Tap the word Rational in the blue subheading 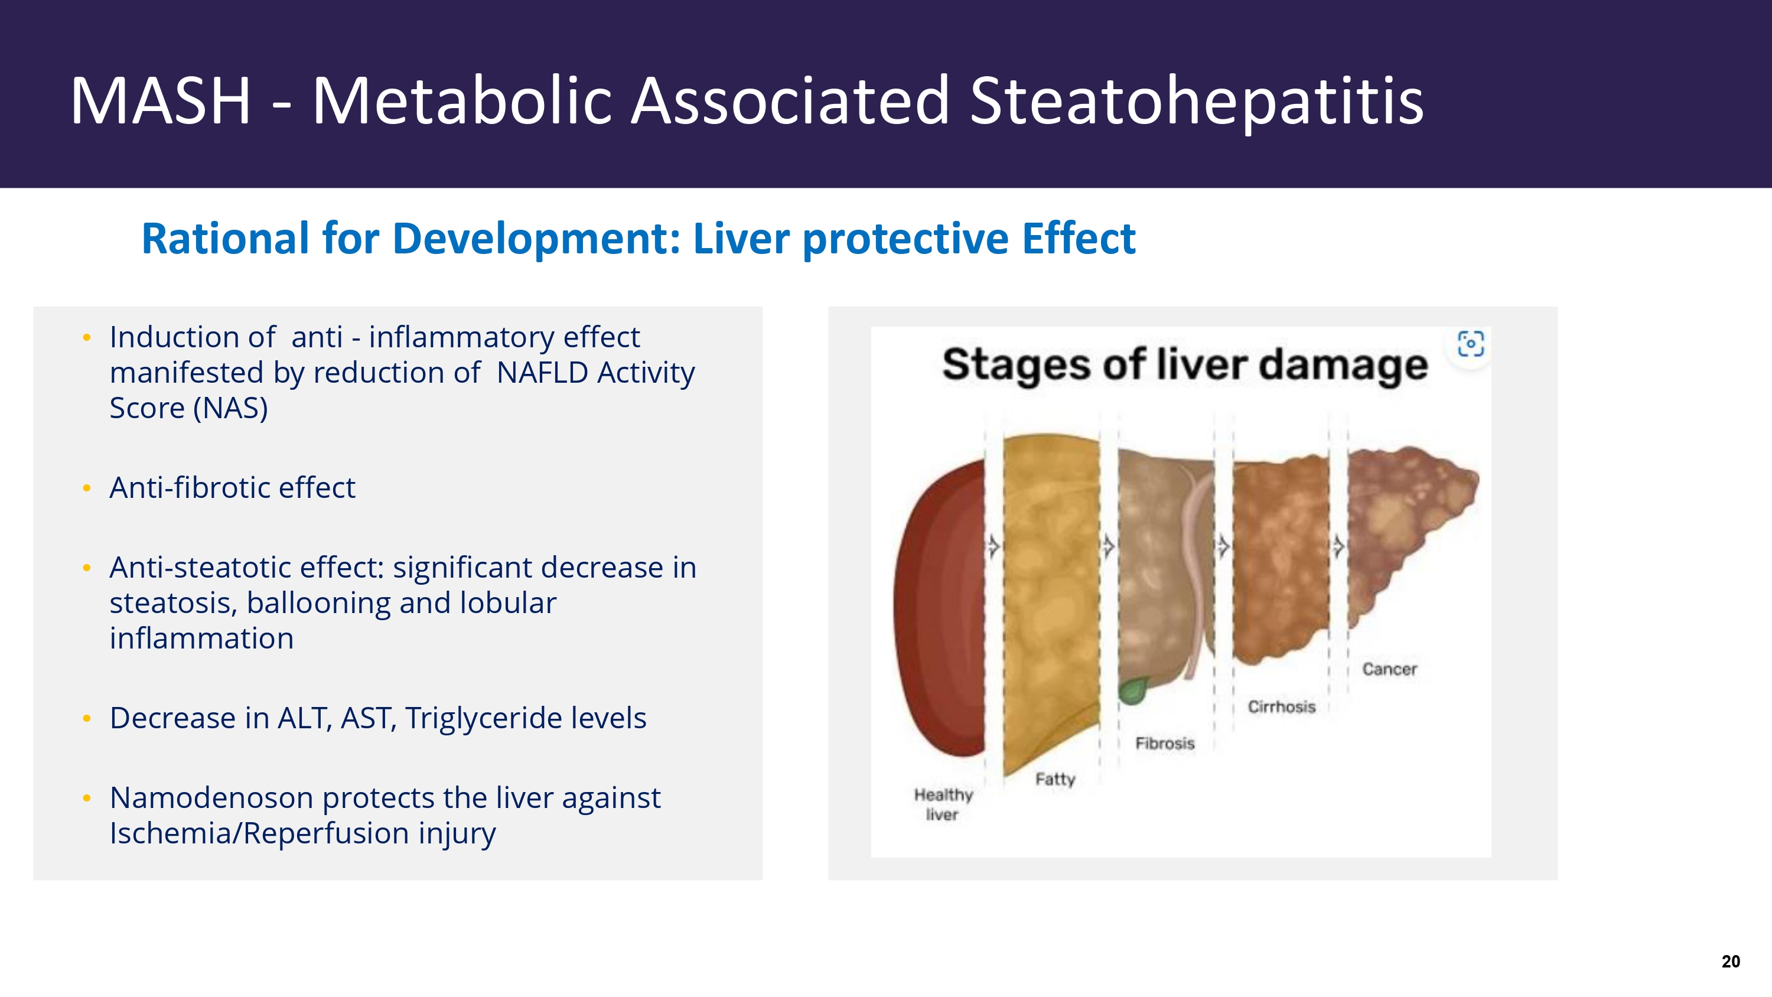click(226, 239)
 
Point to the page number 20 click(1731, 961)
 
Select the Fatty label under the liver click(1055, 780)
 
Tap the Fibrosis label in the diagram click(1165, 743)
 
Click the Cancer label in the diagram click(1389, 669)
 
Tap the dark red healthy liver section click(941, 609)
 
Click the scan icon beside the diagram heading click(1471, 343)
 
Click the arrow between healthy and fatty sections click(994, 546)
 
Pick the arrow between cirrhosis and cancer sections click(1338, 546)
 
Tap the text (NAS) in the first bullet click(230, 409)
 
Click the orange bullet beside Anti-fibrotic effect click(87, 488)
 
